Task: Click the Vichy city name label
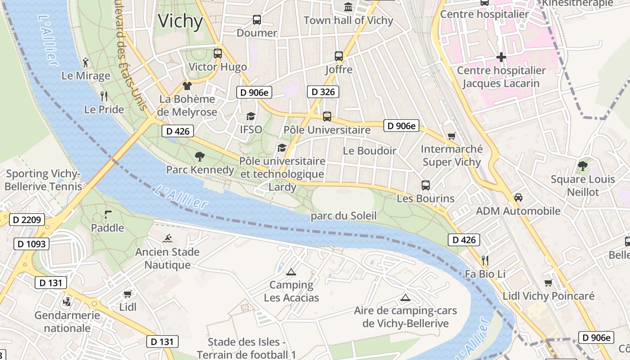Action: [180, 21]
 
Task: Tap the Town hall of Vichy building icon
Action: [348, 7]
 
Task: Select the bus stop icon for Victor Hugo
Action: [218, 54]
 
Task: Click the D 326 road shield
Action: [323, 92]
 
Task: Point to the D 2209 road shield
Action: [27, 220]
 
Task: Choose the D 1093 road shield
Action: [31, 244]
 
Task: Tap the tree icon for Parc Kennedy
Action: [199, 157]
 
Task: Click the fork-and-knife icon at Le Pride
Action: [104, 96]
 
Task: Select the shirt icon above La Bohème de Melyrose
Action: [187, 85]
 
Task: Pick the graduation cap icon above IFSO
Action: [251, 117]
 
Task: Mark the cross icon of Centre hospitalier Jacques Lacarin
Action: [501, 57]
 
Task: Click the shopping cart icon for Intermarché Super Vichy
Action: [451, 136]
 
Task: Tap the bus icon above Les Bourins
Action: [425, 185]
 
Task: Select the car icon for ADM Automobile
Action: [518, 198]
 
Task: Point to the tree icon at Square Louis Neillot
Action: [583, 166]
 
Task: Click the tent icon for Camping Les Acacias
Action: [291, 272]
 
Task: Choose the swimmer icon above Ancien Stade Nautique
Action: [168, 238]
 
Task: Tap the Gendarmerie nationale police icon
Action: [67, 301]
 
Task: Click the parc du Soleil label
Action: [343, 216]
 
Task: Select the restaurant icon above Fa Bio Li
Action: [485, 261]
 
